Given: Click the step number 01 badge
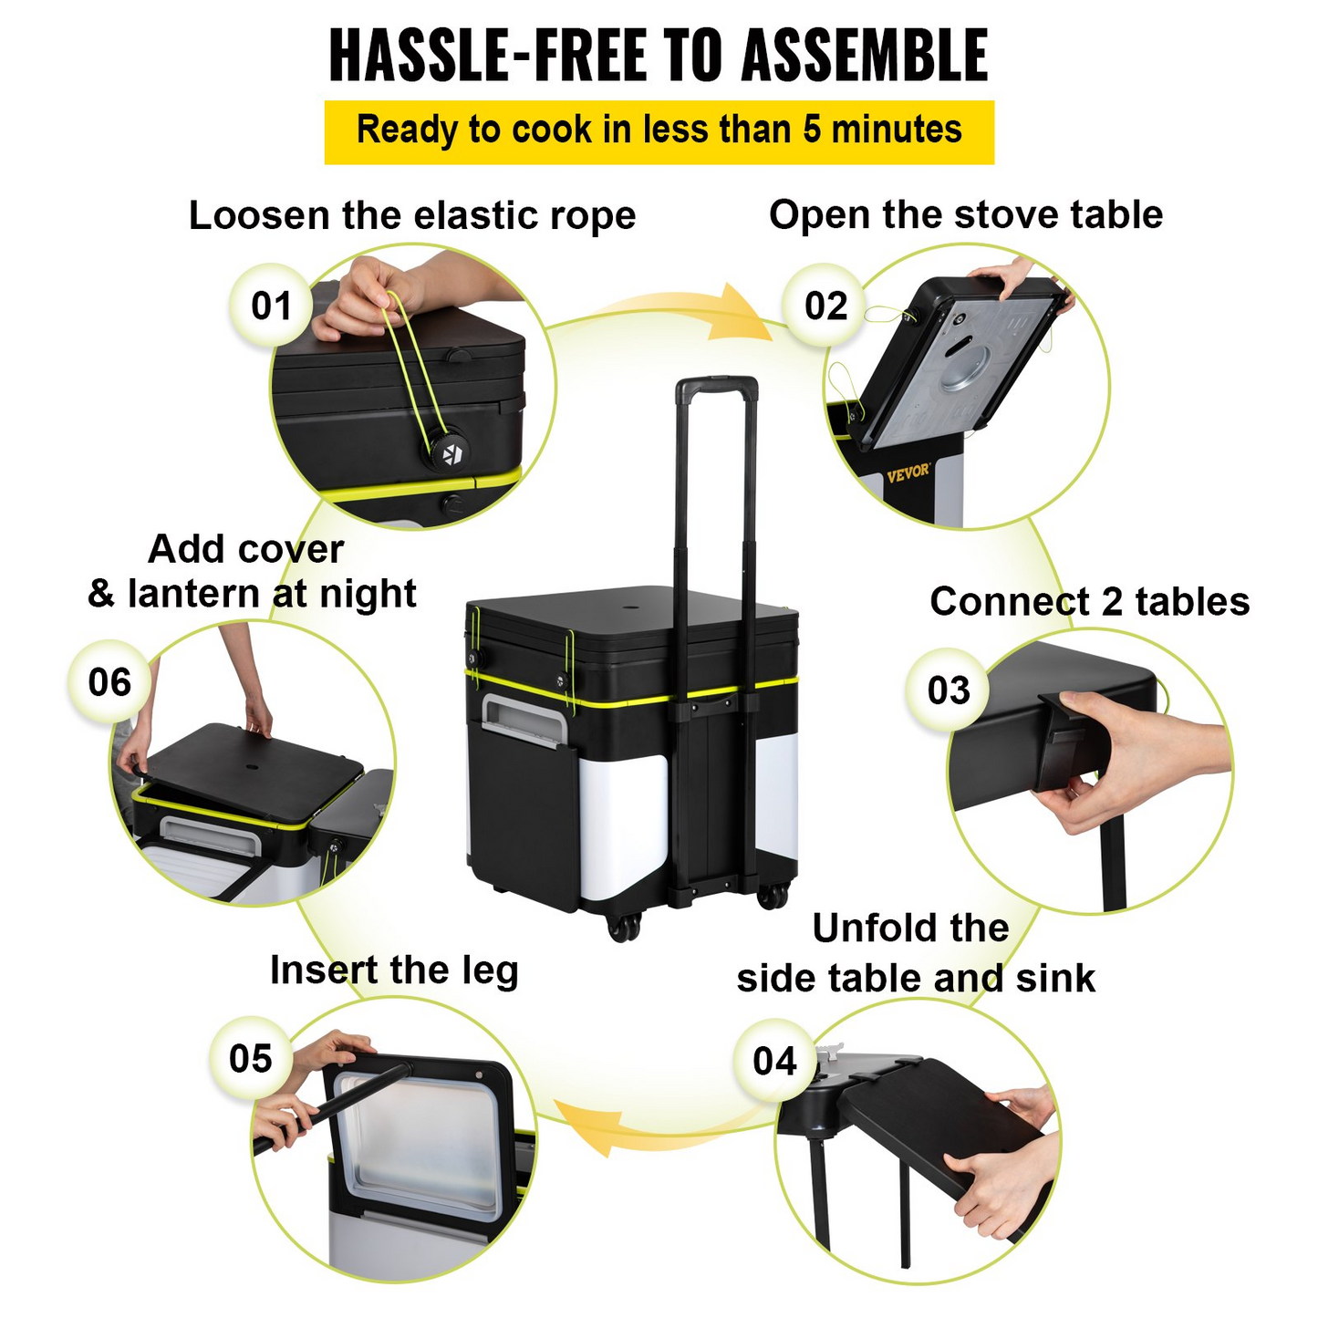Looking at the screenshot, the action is pyautogui.click(x=271, y=305).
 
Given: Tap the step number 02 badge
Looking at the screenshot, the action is pyautogui.click(x=825, y=305).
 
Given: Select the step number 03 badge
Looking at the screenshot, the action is pyautogui.click(x=948, y=690).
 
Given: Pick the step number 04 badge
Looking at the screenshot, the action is pyautogui.click(x=774, y=1061).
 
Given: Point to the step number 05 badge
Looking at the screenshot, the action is pyautogui.click(x=250, y=1058).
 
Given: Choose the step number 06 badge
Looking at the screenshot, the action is pyautogui.click(x=109, y=682).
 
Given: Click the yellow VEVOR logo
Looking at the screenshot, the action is pyautogui.click(x=908, y=472).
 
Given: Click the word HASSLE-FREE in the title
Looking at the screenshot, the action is pyautogui.click(x=488, y=56).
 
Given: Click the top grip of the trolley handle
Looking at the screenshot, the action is pyautogui.click(x=717, y=388).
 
